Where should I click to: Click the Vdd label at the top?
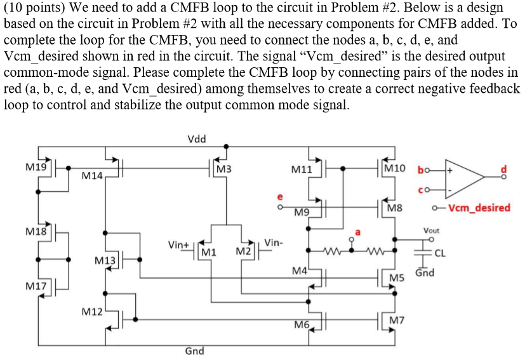(197, 138)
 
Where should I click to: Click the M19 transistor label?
(36, 168)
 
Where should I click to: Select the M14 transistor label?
(93, 175)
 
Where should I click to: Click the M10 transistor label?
(395, 168)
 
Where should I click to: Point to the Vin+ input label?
(178, 244)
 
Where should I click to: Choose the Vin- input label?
(274, 243)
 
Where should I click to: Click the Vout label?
(431, 230)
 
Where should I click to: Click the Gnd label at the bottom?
(194, 350)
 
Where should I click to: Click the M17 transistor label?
(36, 286)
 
